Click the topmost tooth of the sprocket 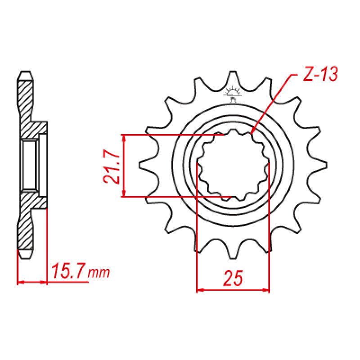(233, 76)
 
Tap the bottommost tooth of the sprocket (233, 255)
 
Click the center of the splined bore (233, 165)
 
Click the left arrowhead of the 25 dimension (200, 290)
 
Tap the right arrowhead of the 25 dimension (266, 290)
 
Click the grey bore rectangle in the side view (30, 165)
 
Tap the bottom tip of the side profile (26, 257)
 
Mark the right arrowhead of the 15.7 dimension (44, 283)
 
